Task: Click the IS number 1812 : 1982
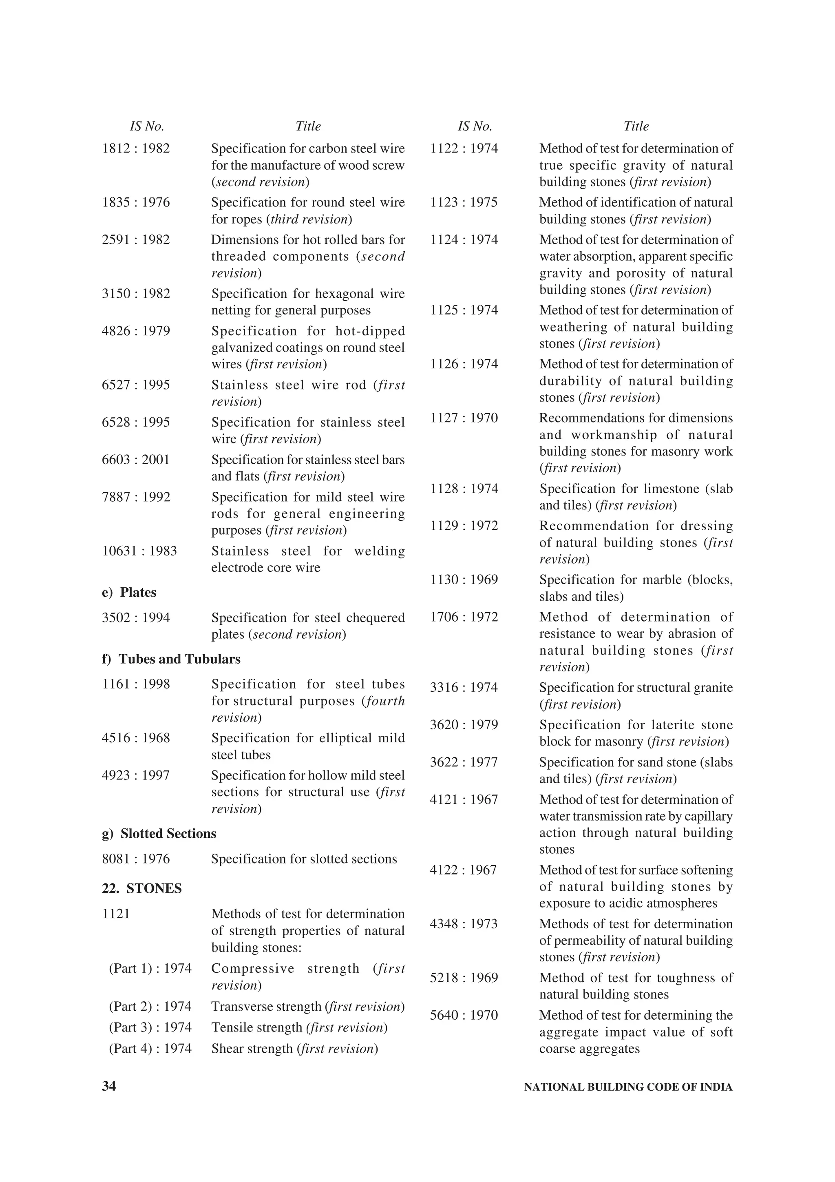[x=136, y=149]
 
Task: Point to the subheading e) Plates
[x=129, y=593]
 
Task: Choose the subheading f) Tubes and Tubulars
[x=171, y=659]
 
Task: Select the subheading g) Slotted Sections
[x=159, y=833]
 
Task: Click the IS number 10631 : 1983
[x=139, y=551]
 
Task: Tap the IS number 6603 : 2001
[x=136, y=460]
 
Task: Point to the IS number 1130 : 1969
[x=464, y=580]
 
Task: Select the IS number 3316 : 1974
[x=464, y=688]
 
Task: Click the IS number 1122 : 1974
[x=464, y=149]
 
